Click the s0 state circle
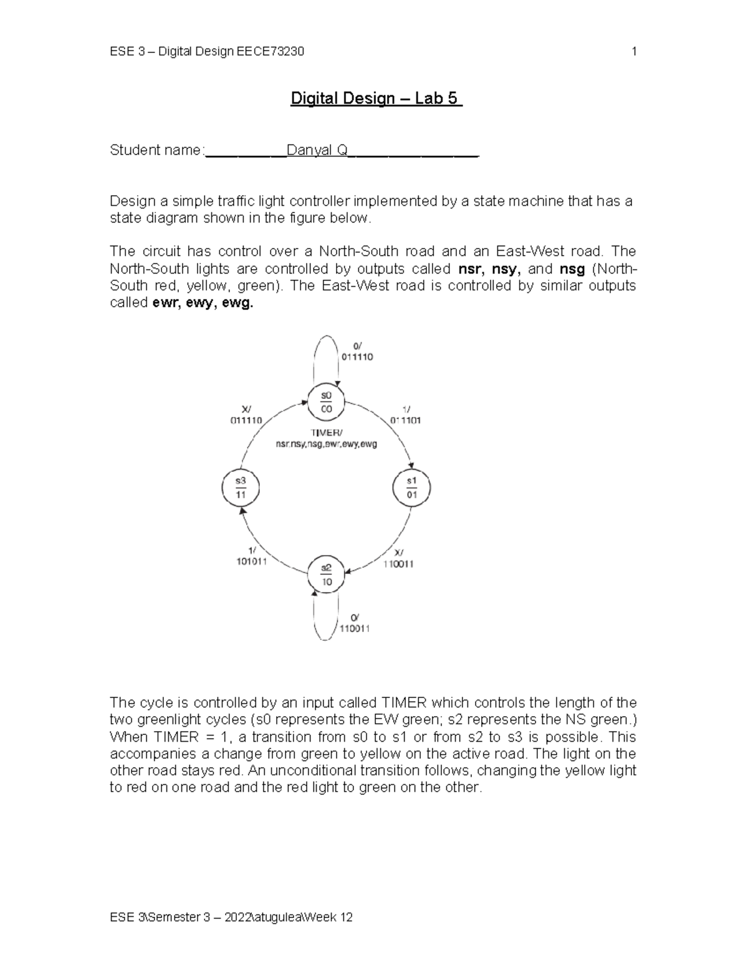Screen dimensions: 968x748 [326, 402]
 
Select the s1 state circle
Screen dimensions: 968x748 [411, 487]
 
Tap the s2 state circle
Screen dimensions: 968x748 [326, 574]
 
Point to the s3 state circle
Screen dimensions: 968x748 [241, 487]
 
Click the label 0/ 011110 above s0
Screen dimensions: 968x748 [357, 352]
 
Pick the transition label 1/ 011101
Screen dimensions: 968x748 [405, 415]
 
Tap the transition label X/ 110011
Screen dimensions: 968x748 [398, 558]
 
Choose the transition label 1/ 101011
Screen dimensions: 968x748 [252, 555]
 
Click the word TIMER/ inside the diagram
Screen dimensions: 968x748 [326, 433]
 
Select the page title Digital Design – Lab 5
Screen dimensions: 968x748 [376, 98]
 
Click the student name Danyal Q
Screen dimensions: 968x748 [317, 150]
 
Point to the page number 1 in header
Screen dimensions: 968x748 [634, 52]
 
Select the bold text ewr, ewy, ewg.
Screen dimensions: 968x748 [203, 303]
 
